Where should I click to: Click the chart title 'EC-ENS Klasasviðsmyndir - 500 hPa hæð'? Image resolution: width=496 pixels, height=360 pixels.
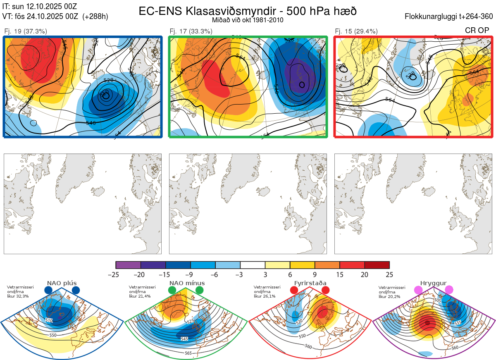coord(248,11)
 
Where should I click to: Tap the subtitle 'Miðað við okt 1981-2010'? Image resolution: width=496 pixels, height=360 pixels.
coord(248,20)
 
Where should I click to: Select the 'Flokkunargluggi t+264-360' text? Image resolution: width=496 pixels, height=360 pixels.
coord(450,17)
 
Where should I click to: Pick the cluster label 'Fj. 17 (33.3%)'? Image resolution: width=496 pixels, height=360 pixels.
coord(191,31)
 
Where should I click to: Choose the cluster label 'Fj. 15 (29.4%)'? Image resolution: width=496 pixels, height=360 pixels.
coord(356,31)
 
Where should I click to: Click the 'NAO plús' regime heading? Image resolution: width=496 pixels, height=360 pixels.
coord(62,283)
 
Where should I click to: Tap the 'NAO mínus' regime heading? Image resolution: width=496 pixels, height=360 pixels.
coord(187,283)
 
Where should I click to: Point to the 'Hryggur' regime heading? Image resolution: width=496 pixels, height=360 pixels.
coord(434,283)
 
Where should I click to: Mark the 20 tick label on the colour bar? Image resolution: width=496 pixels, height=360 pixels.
coord(365,274)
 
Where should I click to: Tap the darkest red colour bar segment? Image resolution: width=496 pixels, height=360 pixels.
coord(377,265)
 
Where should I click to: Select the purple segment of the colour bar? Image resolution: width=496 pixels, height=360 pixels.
coord(128,265)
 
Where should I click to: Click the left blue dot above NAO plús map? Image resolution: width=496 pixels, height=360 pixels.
coord(48,290)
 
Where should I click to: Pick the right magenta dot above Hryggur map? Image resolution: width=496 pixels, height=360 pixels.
coord(449,290)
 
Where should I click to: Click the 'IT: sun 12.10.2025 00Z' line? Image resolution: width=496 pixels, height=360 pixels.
coord(40,7)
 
